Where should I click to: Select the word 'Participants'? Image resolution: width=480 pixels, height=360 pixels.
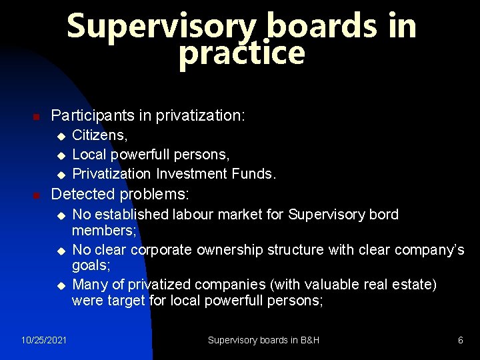(x=93, y=115)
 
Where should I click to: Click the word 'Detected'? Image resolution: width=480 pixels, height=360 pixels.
(x=81, y=195)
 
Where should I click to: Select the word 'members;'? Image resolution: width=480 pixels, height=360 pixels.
(x=104, y=230)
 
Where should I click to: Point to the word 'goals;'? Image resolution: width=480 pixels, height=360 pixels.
(x=91, y=265)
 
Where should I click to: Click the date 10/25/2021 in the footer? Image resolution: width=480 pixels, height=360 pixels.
(x=44, y=340)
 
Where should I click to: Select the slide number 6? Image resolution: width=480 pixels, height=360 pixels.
(x=460, y=340)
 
